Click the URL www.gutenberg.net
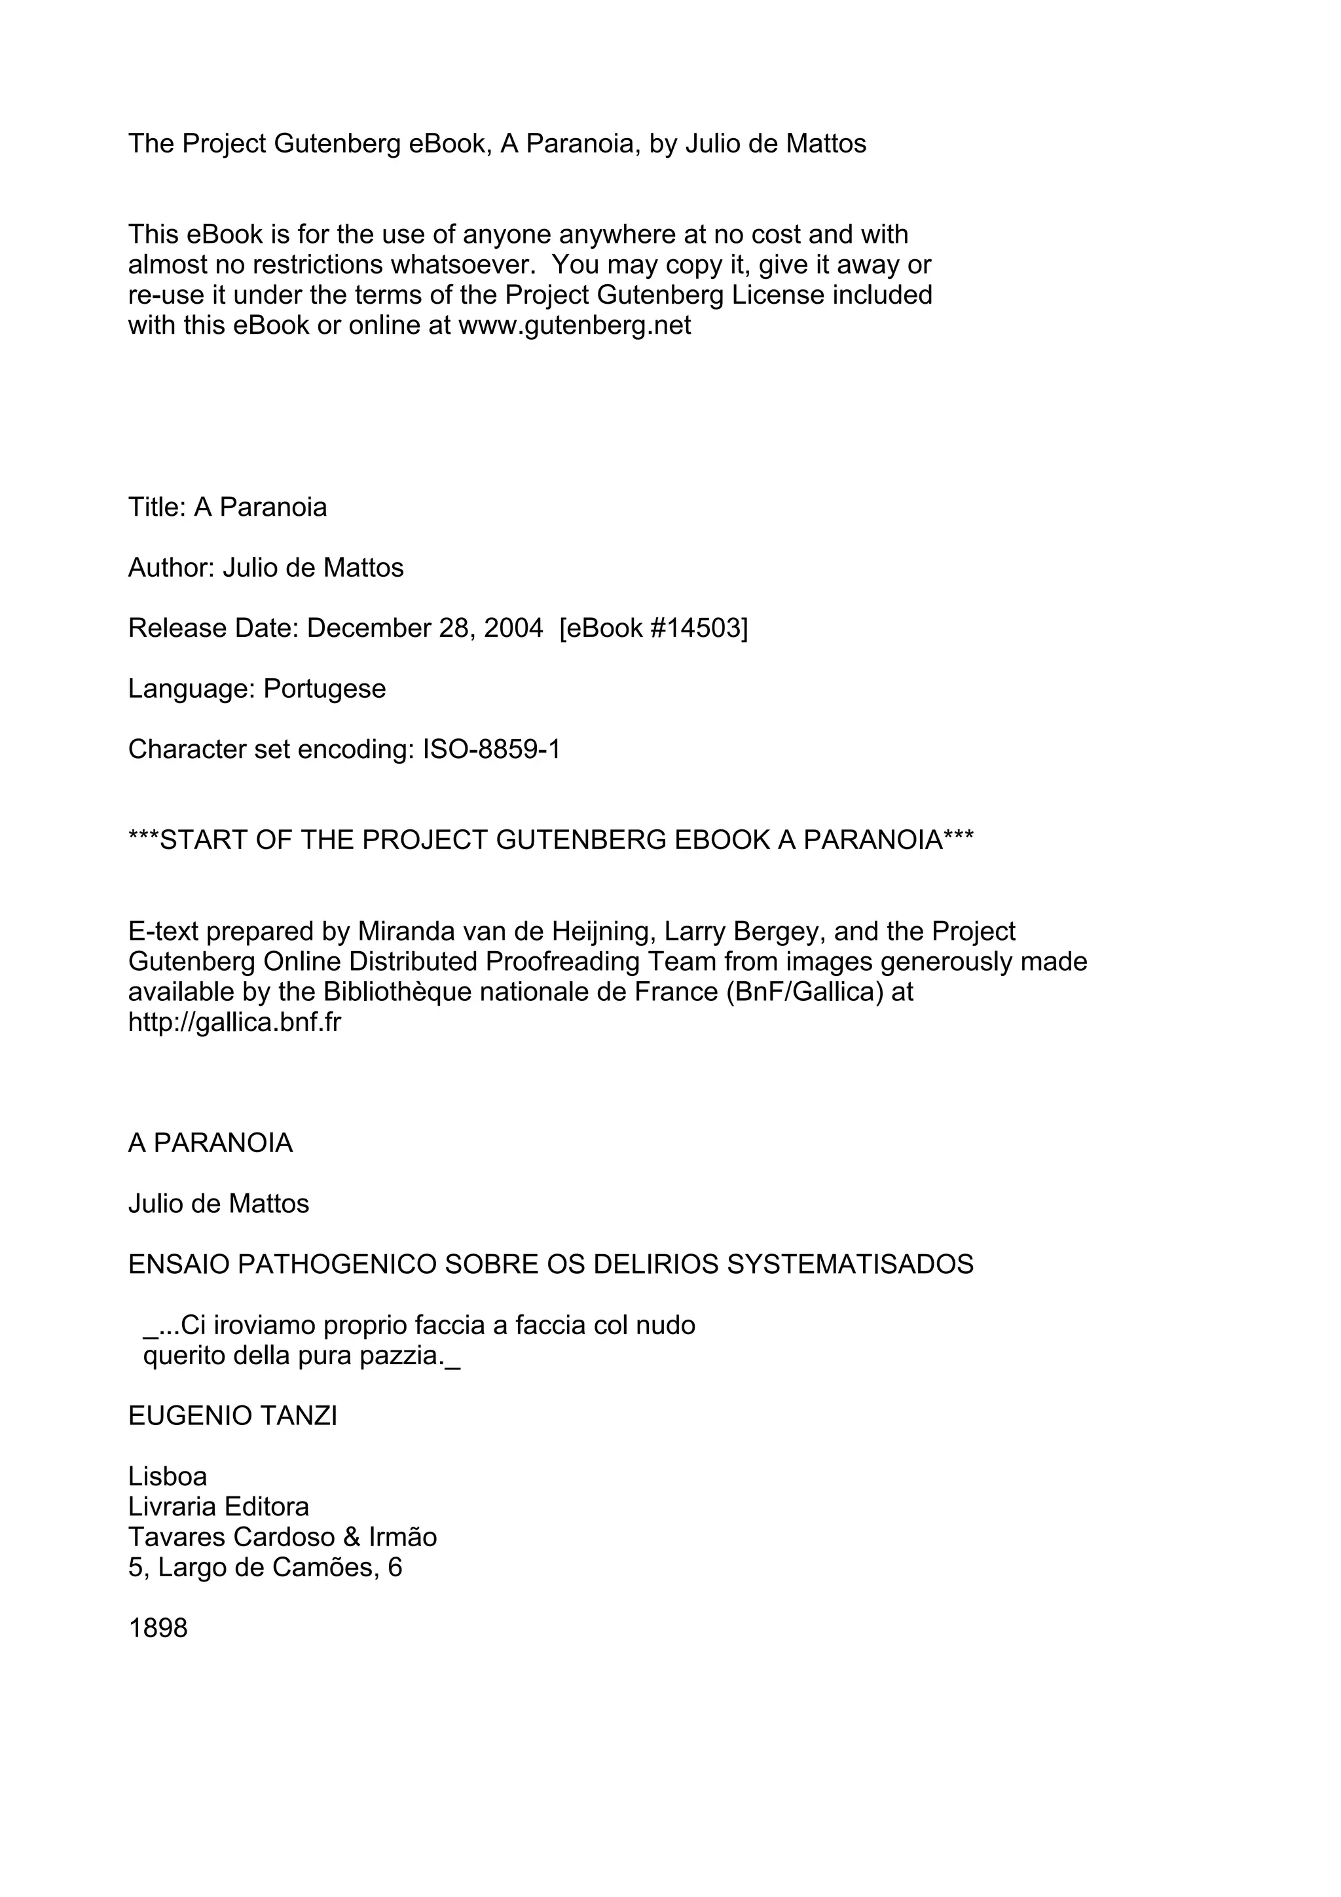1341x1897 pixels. pyautogui.click(x=574, y=325)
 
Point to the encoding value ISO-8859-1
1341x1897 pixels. pyautogui.click(x=492, y=749)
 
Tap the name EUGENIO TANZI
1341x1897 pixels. pyautogui.click(x=232, y=1415)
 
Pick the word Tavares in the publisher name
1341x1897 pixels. pyautogui.click(x=177, y=1537)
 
